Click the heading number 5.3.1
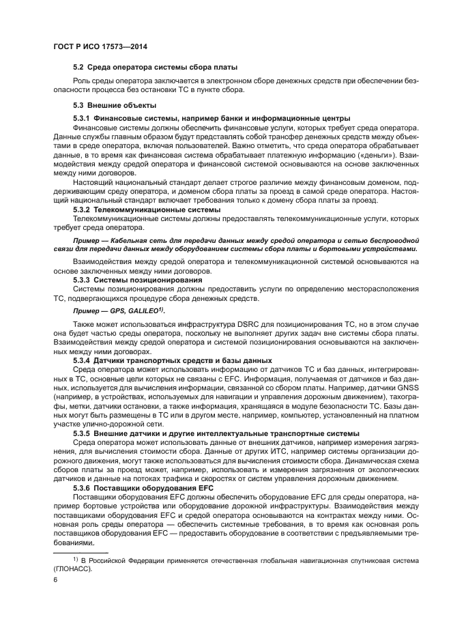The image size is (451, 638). pos(84,119)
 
